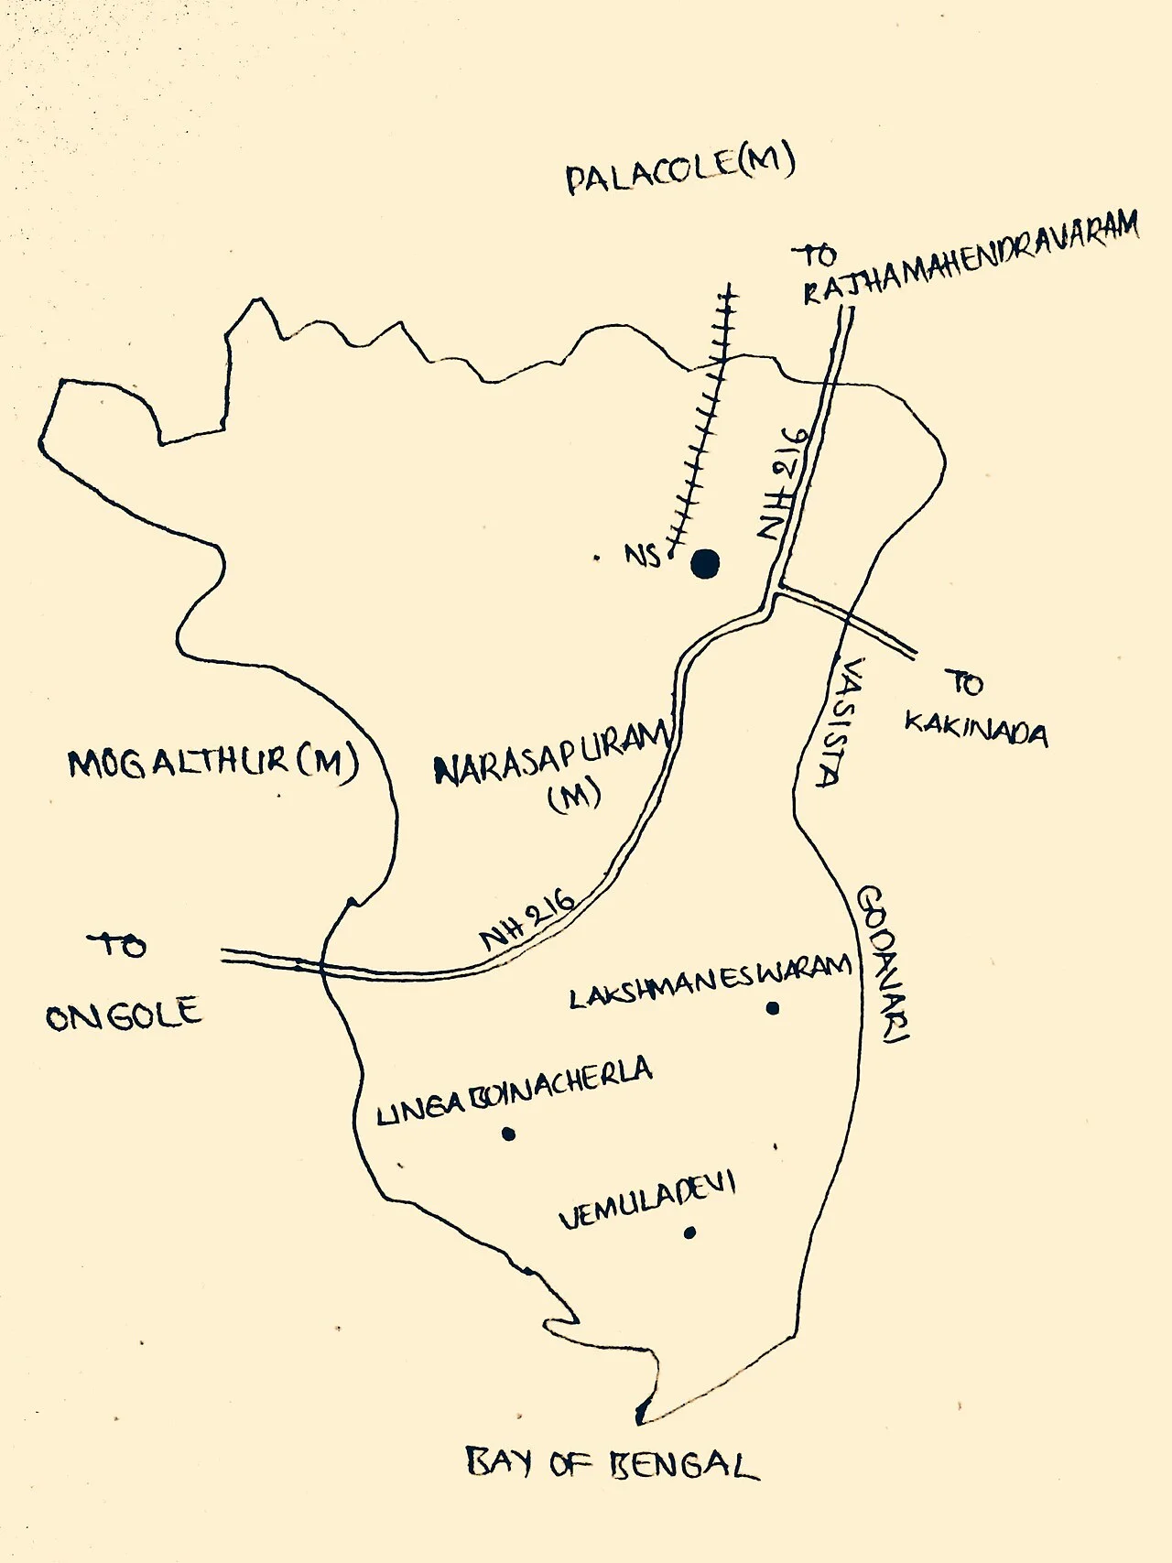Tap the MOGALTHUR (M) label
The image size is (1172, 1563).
point(212,762)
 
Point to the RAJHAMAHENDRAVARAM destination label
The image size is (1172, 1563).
point(971,257)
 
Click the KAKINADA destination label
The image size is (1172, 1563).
point(976,731)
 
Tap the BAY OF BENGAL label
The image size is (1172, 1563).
point(612,1462)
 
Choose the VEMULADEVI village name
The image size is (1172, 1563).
point(646,1201)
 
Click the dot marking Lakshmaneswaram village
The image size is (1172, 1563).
point(773,1008)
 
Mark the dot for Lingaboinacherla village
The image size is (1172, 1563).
point(508,1134)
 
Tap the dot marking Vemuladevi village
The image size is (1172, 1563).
point(689,1232)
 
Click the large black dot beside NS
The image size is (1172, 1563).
point(705,564)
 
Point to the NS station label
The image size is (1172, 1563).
point(643,554)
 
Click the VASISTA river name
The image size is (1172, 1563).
point(840,723)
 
